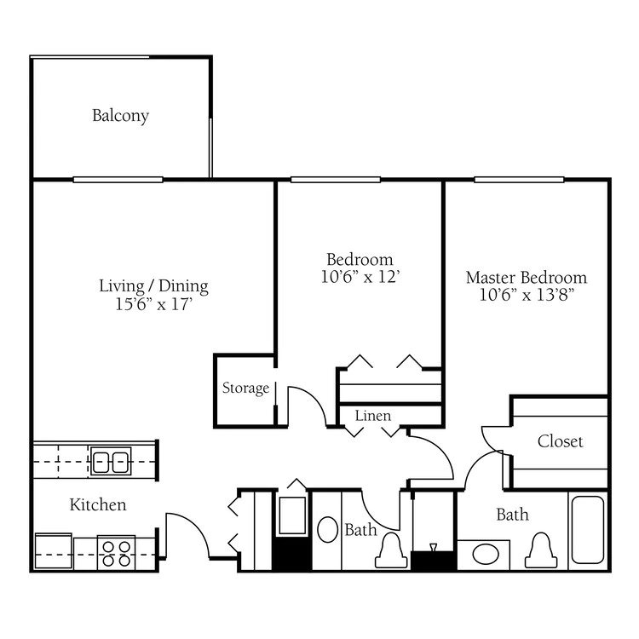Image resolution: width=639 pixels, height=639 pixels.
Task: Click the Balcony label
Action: click(120, 116)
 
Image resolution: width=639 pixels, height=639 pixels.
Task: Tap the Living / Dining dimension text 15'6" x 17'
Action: click(154, 304)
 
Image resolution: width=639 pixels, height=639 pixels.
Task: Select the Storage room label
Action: click(245, 388)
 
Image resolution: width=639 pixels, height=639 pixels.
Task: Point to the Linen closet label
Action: click(373, 416)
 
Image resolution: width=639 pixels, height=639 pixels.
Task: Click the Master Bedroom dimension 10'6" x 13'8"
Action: click(527, 295)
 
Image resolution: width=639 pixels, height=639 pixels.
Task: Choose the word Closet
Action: click(560, 441)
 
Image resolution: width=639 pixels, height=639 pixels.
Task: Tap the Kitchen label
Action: click(98, 505)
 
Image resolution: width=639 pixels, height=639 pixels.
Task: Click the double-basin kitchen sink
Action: click(111, 461)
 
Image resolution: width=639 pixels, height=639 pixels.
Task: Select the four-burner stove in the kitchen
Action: click(116, 553)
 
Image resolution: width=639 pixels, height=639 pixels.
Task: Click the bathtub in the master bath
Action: click(588, 530)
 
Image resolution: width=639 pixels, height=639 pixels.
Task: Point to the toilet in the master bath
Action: click(541, 550)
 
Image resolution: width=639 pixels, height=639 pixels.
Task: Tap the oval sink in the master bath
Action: click(486, 555)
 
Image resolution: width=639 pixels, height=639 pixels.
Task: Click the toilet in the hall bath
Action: click(391, 550)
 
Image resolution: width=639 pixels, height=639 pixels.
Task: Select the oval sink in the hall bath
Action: click(328, 530)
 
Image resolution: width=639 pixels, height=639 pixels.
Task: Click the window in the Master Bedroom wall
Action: click(519, 180)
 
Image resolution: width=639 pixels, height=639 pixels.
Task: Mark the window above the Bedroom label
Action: click(336, 180)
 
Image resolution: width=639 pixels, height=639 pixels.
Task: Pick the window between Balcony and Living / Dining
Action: click(118, 180)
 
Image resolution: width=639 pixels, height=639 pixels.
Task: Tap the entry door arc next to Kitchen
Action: click(196, 527)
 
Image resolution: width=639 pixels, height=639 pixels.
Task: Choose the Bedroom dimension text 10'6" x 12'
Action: click(360, 277)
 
